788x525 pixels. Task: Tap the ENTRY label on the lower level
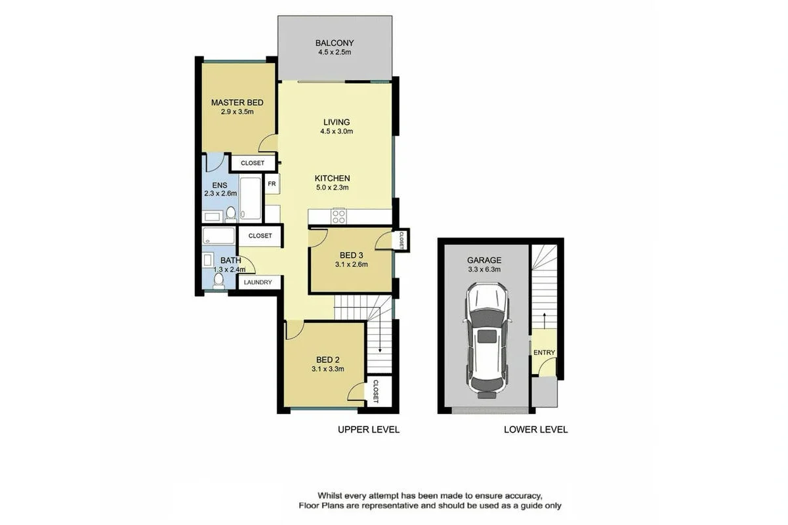pos(544,353)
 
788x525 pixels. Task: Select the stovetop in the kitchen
pos(339,216)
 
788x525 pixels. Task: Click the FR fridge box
pos(271,184)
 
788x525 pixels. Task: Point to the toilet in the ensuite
pos(231,213)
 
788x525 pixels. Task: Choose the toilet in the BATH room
pos(219,281)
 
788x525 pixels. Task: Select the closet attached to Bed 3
pos(400,240)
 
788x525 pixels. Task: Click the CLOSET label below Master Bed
pos(253,163)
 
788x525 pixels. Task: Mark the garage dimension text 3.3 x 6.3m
pos(484,269)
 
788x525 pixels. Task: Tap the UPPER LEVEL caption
pos(368,430)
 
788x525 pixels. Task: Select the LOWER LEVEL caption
pos(535,430)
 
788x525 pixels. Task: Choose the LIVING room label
pos(336,122)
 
